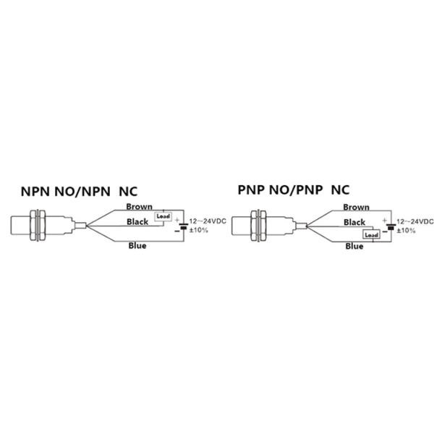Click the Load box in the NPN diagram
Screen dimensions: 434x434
pyautogui.click(x=162, y=216)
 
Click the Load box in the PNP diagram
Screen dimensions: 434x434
pyautogui.click(x=372, y=235)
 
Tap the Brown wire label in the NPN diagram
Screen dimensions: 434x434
pyautogui.click(x=139, y=207)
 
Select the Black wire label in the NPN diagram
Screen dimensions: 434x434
pyautogui.click(x=139, y=221)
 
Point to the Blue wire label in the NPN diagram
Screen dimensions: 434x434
pyautogui.click(x=137, y=246)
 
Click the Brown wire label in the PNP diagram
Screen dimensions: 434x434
pyautogui.click(x=357, y=207)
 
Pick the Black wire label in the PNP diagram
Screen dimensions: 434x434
pyautogui.click(x=354, y=222)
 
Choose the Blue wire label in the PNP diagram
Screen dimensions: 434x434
pyautogui.click(x=354, y=247)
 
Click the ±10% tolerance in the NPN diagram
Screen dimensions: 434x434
pyautogui.click(x=200, y=230)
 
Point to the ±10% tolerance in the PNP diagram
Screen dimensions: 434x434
pyautogui.click(x=406, y=230)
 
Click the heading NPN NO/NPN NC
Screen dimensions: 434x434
pyautogui.click(x=78, y=192)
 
